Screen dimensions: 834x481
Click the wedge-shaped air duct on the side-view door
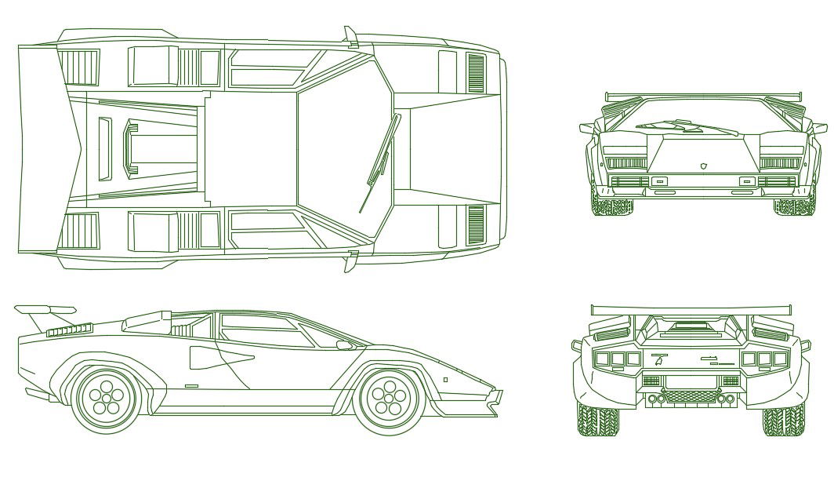216,358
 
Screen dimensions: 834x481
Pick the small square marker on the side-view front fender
445,380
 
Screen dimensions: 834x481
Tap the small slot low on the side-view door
191,386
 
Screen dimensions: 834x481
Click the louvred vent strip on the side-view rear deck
69,330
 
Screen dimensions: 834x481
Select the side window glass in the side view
263,330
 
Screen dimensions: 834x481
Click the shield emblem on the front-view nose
704,166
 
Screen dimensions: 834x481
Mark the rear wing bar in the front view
703,96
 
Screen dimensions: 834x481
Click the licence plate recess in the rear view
690,381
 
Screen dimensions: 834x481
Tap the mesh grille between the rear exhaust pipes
690,397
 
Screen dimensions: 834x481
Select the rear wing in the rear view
690,310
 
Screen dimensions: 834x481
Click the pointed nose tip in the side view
499,392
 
